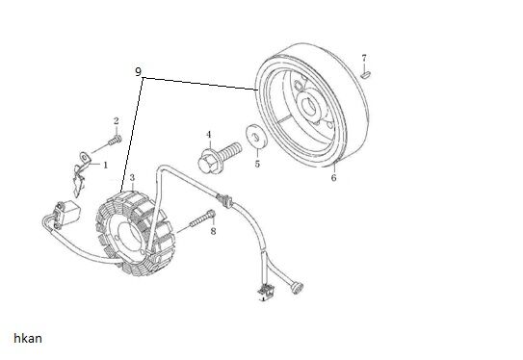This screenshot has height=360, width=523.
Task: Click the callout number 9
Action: [138, 71]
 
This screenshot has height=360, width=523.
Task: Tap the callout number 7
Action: [364, 58]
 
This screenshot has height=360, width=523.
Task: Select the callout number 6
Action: [334, 178]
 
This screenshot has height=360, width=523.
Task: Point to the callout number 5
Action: [257, 164]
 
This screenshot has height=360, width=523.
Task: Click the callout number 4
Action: [209, 135]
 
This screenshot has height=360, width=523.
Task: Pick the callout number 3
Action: [132, 178]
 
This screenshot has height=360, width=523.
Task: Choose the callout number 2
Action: [117, 121]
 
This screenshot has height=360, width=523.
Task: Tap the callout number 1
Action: [105, 165]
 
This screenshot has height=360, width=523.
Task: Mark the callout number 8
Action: [213, 231]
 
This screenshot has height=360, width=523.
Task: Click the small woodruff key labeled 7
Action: [366, 75]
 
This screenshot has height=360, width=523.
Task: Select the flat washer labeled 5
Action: [256, 136]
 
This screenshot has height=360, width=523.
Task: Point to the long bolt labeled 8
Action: [202, 219]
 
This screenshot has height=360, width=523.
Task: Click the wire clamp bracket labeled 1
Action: [81, 173]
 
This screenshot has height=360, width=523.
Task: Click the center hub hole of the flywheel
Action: [309, 107]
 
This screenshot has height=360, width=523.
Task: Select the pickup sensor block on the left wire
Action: [67, 213]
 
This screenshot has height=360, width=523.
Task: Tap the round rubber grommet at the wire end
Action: [297, 288]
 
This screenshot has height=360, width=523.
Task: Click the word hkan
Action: [28, 338]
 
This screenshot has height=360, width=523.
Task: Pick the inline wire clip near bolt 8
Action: [224, 200]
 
